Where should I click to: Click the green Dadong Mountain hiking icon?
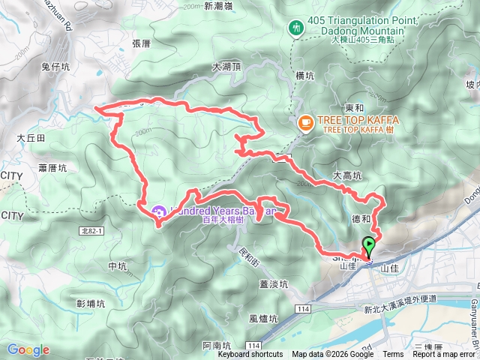pos(296,28)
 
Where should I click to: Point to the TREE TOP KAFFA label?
pos(358,120)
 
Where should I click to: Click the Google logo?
pos(28,349)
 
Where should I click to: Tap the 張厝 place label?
pos(141,43)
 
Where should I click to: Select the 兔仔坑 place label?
pos(55,67)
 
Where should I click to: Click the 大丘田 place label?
pos(31,138)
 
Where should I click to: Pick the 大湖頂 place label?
pos(226,66)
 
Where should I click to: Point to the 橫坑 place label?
pos(304,76)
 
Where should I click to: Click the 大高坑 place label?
pos(347,175)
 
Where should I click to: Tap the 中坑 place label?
pos(118,265)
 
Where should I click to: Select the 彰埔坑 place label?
pos(91,303)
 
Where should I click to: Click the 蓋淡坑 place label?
pos(274,283)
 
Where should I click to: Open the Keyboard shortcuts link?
pos(250,355)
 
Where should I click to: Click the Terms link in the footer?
pos(393,355)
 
